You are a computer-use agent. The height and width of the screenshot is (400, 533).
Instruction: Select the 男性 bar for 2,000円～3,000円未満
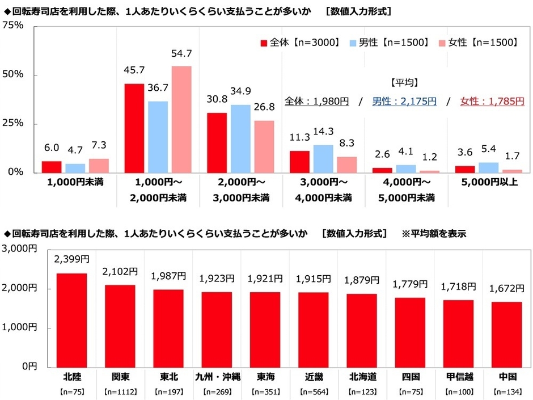pyautogui.click(x=240, y=138)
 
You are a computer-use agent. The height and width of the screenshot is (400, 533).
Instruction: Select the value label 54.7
pyautogui.click(x=181, y=54)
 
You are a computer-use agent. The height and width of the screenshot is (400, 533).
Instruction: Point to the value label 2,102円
pyautogui.click(x=120, y=272)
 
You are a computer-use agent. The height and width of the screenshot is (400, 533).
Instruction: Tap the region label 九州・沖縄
pyautogui.click(x=217, y=376)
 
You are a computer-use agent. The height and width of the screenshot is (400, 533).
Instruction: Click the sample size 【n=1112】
pyautogui.click(x=120, y=391)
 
